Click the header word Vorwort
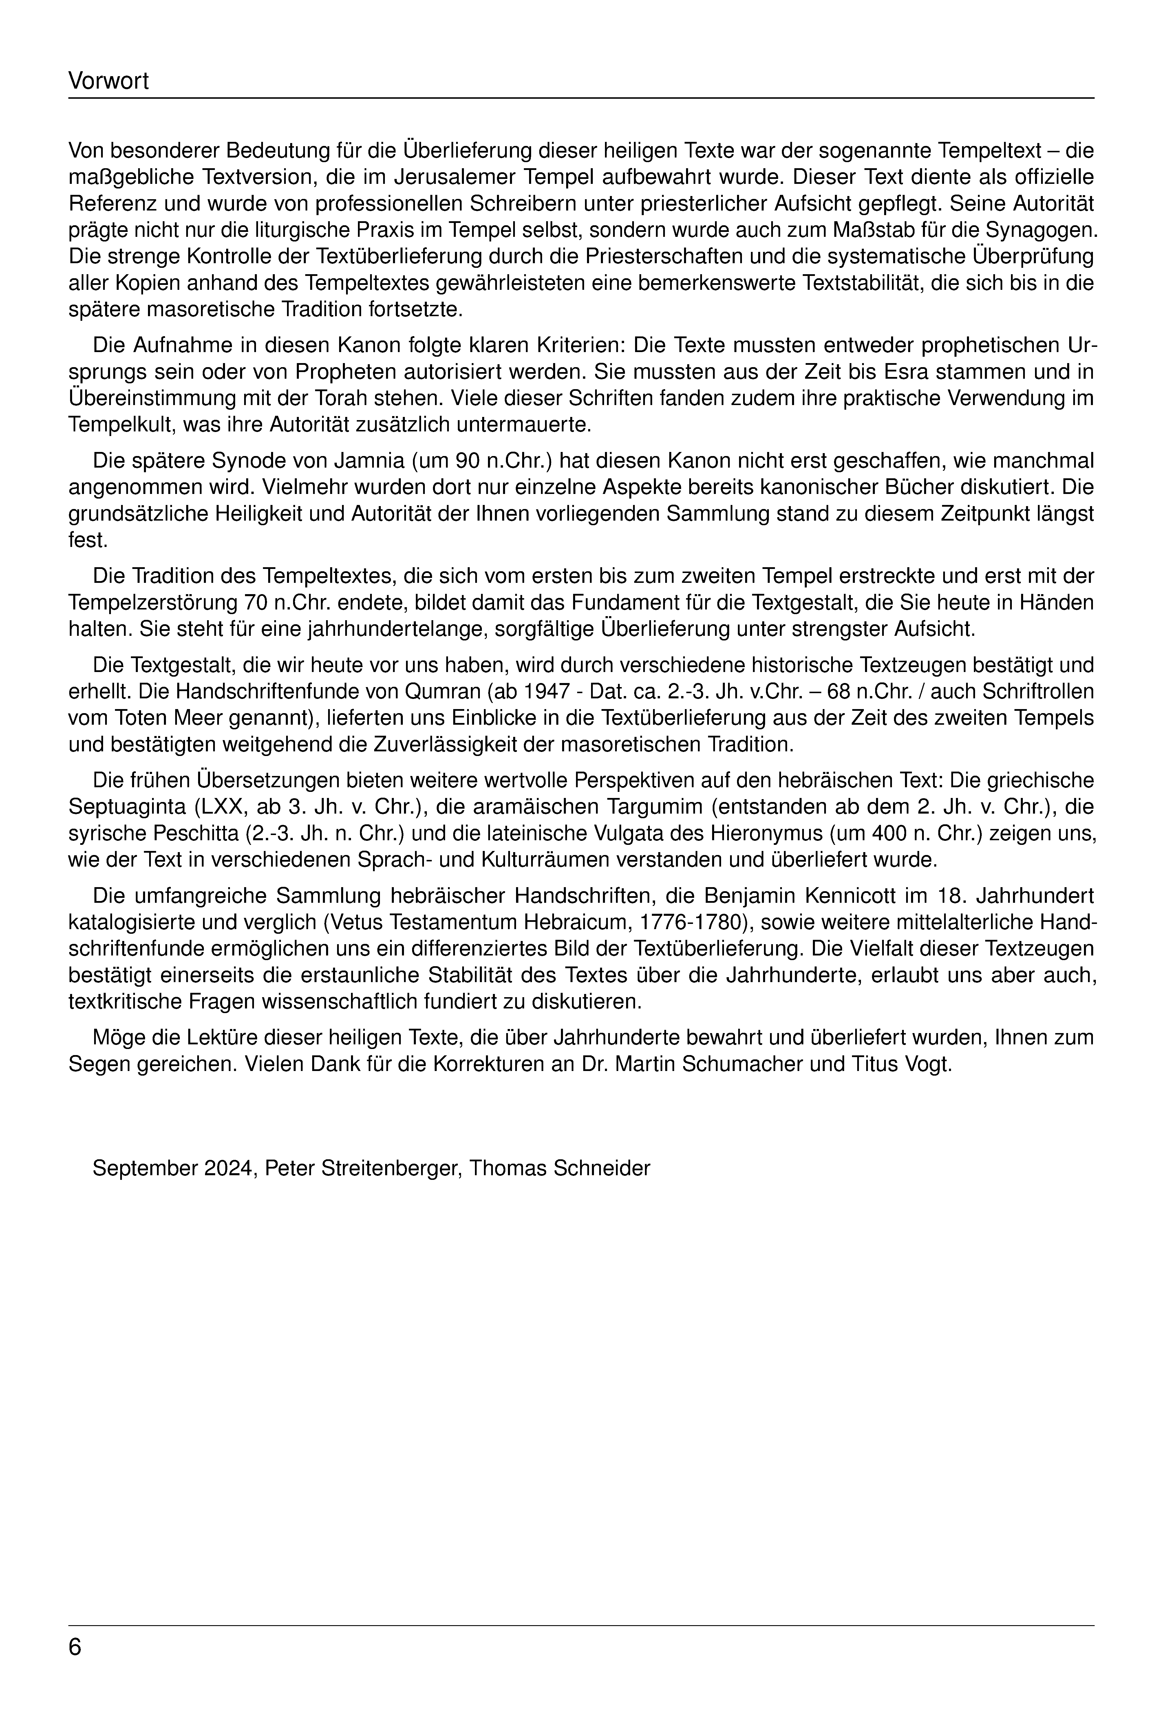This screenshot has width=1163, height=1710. click(x=108, y=81)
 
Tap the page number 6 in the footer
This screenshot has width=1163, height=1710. click(x=75, y=1647)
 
